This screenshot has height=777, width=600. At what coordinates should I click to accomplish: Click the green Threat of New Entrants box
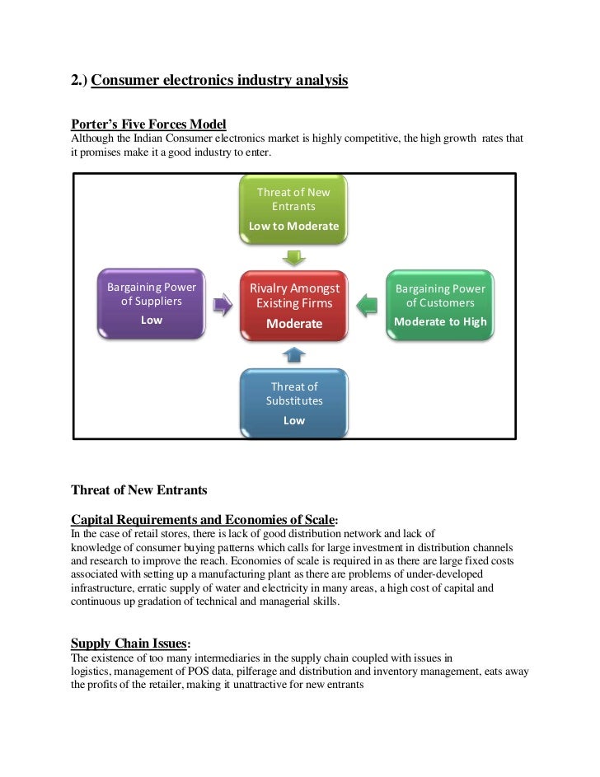tap(293, 209)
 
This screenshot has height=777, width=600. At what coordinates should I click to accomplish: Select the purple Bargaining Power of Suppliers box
tap(152, 303)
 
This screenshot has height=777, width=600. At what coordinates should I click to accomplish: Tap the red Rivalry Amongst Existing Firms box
tap(294, 305)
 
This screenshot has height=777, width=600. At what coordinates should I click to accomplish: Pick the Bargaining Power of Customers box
tap(440, 303)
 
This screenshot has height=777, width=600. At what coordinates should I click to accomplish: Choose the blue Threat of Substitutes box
tap(294, 402)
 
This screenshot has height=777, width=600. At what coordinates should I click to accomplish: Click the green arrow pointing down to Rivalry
tap(294, 255)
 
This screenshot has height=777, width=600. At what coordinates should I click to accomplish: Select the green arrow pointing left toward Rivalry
tap(367, 305)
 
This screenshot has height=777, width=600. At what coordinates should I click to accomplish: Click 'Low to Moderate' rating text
tap(293, 226)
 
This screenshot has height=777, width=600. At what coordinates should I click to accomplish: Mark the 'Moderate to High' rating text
tap(440, 322)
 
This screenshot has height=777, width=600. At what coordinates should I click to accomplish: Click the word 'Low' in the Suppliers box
tap(152, 320)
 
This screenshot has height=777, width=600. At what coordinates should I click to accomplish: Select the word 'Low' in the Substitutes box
tap(294, 420)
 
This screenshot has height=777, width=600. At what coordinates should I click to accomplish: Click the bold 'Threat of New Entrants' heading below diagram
tap(139, 490)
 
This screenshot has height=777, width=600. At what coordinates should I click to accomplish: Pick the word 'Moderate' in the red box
tap(294, 324)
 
